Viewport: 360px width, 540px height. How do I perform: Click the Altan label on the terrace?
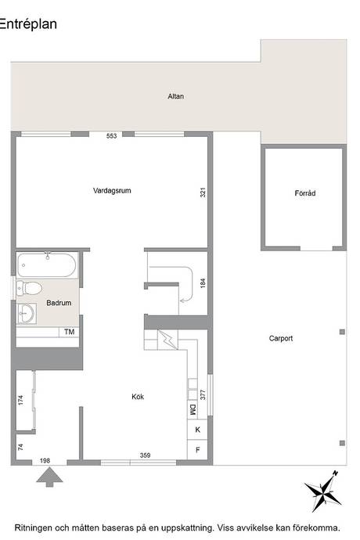[x=175, y=96]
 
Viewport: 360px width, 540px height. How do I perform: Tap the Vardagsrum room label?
[x=112, y=190]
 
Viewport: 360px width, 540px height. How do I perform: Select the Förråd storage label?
[x=305, y=193]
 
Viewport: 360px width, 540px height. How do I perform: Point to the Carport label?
[x=281, y=338]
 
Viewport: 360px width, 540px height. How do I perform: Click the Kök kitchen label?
[x=138, y=397]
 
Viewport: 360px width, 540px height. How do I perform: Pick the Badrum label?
[x=59, y=303]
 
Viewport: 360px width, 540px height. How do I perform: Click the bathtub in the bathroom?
[x=47, y=265]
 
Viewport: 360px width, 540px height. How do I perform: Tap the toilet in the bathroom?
[x=29, y=288]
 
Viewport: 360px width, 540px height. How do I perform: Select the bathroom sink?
[x=27, y=313]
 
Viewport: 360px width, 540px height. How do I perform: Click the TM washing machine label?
[x=69, y=332]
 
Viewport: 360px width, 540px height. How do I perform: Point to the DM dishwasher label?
[x=193, y=409]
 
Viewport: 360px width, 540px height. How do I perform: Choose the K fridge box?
[x=197, y=430]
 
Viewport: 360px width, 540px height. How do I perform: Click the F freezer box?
[x=197, y=450]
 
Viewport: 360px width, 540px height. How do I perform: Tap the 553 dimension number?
[x=112, y=136]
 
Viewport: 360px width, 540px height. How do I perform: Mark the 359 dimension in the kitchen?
[x=145, y=455]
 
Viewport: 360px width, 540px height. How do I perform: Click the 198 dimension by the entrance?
[x=45, y=460]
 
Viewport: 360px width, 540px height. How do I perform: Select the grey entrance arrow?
[x=49, y=477]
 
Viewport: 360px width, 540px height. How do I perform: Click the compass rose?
[x=322, y=491]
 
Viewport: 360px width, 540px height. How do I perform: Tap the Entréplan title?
[x=28, y=24]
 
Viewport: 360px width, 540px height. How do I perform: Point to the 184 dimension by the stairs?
[x=203, y=283]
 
